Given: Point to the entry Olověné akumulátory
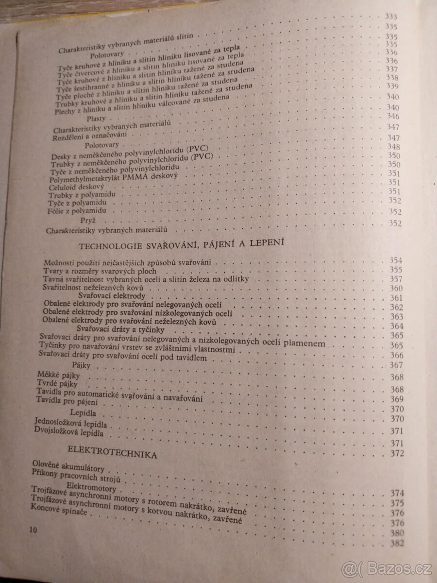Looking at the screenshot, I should coord(67,468).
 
